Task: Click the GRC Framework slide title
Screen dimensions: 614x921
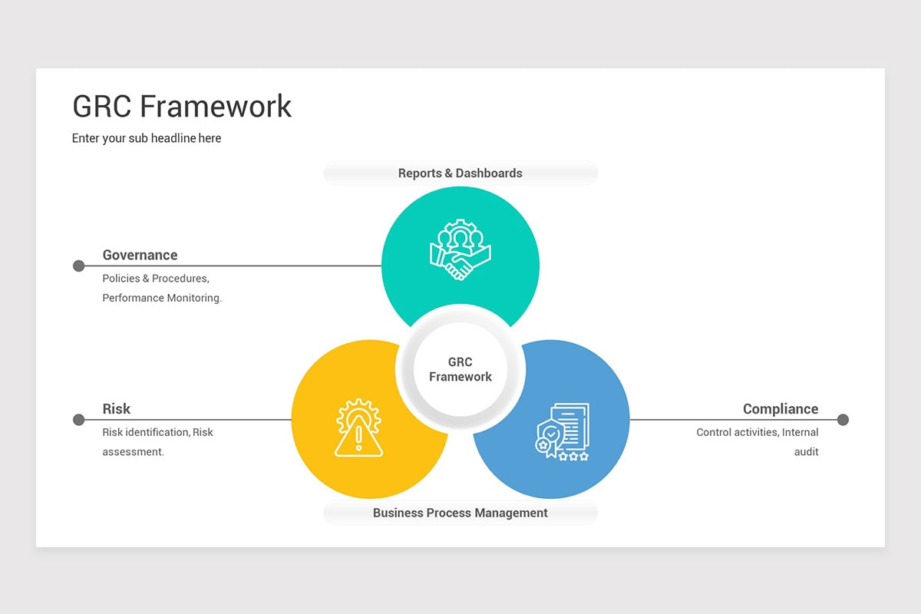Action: pyautogui.click(x=182, y=106)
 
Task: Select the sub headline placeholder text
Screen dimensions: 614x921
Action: pyautogui.click(x=147, y=138)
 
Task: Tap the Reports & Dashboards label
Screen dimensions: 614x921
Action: pyautogui.click(x=460, y=173)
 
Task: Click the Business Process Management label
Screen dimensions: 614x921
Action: pyautogui.click(x=460, y=513)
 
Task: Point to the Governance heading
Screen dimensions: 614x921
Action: pyautogui.click(x=140, y=255)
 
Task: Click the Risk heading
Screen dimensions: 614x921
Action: pyautogui.click(x=117, y=409)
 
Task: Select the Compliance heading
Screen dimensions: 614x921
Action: pyautogui.click(x=780, y=409)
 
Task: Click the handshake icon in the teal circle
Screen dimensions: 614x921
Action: pyautogui.click(x=460, y=250)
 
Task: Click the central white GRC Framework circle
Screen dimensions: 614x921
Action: pyautogui.click(x=460, y=369)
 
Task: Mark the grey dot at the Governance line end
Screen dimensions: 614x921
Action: pyautogui.click(x=78, y=266)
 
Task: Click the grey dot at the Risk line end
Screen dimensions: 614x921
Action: pyautogui.click(x=78, y=420)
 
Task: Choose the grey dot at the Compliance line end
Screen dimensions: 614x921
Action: pyautogui.click(x=843, y=420)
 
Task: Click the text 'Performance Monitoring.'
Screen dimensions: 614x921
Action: pyautogui.click(x=162, y=298)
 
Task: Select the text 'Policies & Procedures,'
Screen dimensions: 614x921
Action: pyautogui.click(x=156, y=279)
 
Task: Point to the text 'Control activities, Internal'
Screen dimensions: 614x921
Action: pyautogui.click(x=757, y=432)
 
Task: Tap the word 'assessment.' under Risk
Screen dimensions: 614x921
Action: pyautogui.click(x=134, y=452)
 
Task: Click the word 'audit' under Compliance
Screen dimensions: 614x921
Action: pyautogui.click(x=806, y=452)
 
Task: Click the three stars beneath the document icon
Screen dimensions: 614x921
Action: pyautogui.click(x=573, y=456)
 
